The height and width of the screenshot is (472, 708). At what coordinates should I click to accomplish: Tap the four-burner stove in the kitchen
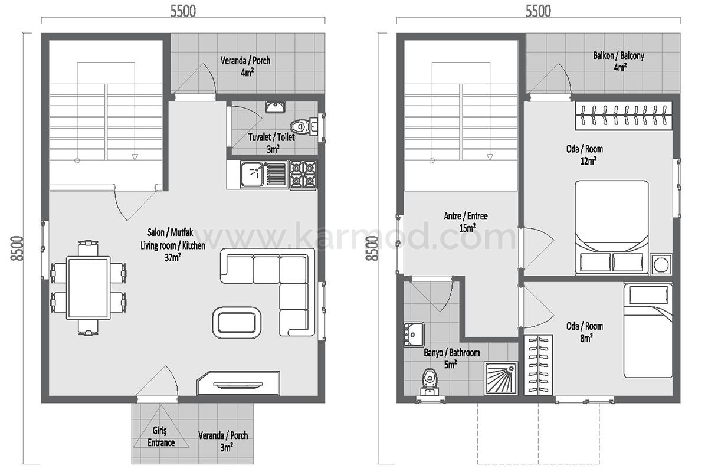[303, 175]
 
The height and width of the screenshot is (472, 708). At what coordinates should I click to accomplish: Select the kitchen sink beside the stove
[263, 175]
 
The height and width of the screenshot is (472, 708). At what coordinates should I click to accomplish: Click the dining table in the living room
[88, 288]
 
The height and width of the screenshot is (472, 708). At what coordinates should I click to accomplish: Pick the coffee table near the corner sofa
[237, 323]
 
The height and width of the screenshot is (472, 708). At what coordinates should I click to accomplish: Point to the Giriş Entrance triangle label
[161, 437]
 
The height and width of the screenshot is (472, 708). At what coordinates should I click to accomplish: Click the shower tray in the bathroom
[501, 378]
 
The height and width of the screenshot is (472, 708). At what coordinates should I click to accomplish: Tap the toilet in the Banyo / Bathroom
[430, 382]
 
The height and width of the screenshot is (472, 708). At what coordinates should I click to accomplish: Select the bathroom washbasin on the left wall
[414, 334]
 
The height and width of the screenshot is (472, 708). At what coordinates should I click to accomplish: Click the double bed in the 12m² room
[611, 227]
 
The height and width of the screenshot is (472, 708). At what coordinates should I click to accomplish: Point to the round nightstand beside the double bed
[661, 264]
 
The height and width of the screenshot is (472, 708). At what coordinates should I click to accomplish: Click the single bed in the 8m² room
[648, 330]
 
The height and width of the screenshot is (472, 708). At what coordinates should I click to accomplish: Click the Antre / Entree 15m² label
[466, 222]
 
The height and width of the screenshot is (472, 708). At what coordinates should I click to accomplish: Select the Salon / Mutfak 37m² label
[172, 245]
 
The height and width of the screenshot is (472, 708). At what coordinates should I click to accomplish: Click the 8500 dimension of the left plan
[17, 248]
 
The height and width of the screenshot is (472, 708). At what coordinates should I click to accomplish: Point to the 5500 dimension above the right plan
[538, 11]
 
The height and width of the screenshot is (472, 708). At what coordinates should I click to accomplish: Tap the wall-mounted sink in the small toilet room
[276, 107]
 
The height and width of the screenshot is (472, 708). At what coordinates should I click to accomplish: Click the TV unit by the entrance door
[238, 383]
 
